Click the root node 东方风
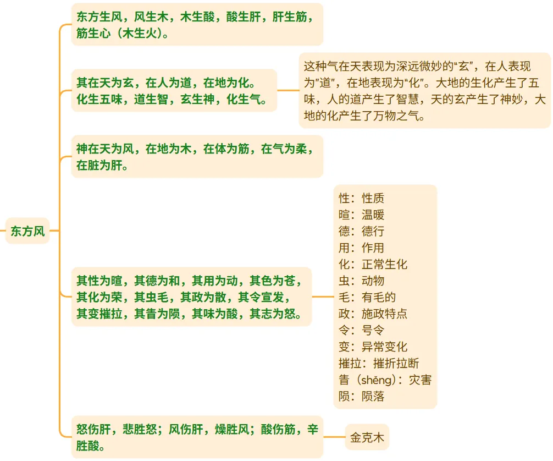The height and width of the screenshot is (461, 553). [x=27, y=231]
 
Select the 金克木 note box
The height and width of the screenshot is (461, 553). [x=367, y=438]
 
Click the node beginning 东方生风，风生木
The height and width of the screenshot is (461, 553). [x=197, y=25]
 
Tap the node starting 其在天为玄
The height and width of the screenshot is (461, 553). [x=173, y=91]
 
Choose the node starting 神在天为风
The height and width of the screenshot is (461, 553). [x=197, y=157]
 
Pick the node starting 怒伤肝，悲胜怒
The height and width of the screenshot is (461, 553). [x=197, y=438]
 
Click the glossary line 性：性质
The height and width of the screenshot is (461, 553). [x=361, y=199]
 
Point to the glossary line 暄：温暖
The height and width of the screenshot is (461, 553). [x=361, y=215]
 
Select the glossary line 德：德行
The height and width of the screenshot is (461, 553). [x=361, y=232]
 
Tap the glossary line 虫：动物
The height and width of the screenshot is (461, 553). [x=361, y=281]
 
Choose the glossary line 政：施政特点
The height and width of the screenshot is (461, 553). [x=373, y=314]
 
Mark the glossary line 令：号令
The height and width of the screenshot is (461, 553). [x=361, y=331]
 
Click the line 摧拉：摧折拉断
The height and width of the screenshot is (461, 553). [x=379, y=364]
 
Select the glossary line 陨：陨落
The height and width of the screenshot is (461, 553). [x=361, y=397]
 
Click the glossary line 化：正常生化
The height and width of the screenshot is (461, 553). [x=373, y=265]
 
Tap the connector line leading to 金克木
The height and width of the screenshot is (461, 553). [x=334, y=438]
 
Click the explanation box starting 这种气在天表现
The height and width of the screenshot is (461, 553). [x=424, y=91]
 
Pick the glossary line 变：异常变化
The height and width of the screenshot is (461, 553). [x=373, y=347]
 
